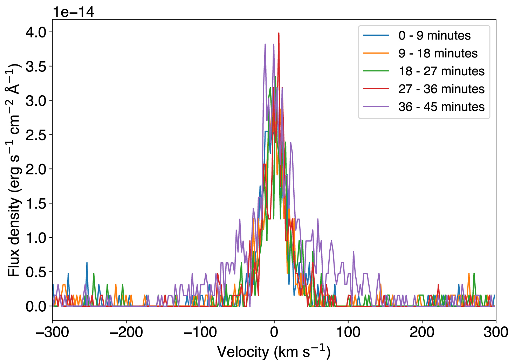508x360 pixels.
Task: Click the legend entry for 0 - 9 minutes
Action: (x=434, y=35)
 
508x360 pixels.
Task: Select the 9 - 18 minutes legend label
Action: (x=438, y=53)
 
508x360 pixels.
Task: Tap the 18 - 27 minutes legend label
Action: (x=441, y=71)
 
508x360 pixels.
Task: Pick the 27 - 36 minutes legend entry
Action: (x=441, y=89)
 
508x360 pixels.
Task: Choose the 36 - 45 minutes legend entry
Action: (x=441, y=107)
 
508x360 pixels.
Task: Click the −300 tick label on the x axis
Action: (x=53, y=332)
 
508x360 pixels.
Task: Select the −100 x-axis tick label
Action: (x=200, y=332)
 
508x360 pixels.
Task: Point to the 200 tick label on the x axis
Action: (x=422, y=332)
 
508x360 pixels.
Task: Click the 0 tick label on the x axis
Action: (x=274, y=332)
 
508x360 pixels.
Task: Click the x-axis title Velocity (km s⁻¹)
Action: (x=274, y=351)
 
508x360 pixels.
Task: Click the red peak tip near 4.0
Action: (x=279, y=33)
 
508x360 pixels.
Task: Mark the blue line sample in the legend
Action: (x=376, y=35)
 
